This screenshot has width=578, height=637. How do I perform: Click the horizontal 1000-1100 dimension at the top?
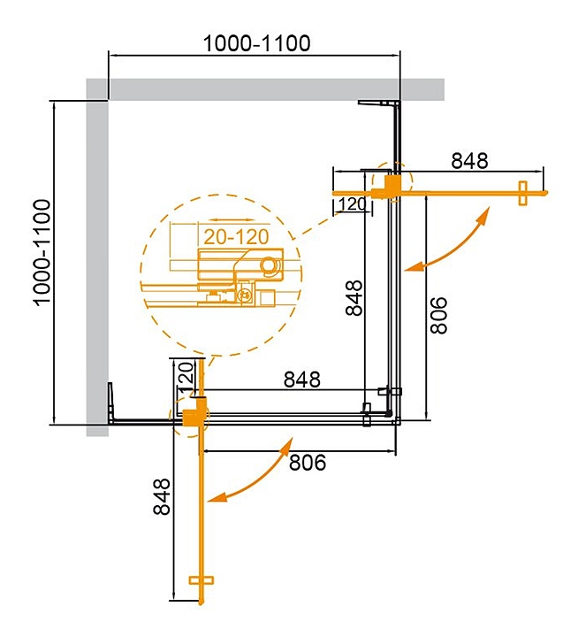[x=256, y=42]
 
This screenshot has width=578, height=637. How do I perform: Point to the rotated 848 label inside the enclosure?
[x=354, y=298]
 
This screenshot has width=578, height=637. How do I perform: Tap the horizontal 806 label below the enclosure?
[x=308, y=461]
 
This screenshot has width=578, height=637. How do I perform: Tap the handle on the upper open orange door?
[x=522, y=192]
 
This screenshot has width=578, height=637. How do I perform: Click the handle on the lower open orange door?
[x=202, y=580]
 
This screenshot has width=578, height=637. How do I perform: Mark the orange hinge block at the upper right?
[x=392, y=184]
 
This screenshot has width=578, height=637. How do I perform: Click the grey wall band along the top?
[x=265, y=89]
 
